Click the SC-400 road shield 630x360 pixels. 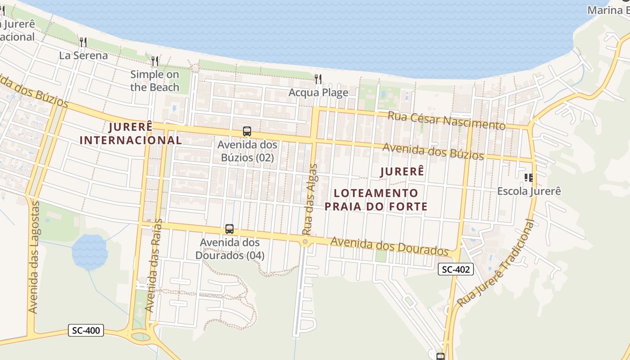pyautogui.click(x=86, y=330)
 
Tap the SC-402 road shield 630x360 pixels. pyautogui.click(x=456, y=270)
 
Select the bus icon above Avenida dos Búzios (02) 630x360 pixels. pyautogui.click(x=247, y=131)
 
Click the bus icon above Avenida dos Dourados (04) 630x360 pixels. pyautogui.click(x=229, y=229)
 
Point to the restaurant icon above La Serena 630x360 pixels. pyautogui.click(x=83, y=42)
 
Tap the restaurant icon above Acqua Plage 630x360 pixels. pyautogui.click(x=318, y=79)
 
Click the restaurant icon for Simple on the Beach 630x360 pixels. pyautogui.click(x=154, y=61)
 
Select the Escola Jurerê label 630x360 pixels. pyautogui.click(x=529, y=191)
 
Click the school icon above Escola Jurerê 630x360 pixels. pyautogui.click(x=529, y=178)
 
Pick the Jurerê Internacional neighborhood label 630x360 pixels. pyautogui.click(x=131, y=133)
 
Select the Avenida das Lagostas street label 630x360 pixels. pyautogui.click(x=34, y=257)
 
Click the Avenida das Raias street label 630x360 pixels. pyautogui.click(x=154, y=265)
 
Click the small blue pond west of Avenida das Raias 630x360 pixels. pyautogui.click(x=90, y=251)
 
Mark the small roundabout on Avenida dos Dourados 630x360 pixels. pyautogui.click(x=306, y=242)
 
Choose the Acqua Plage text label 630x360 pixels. pyautogui.click(x=318, y=93)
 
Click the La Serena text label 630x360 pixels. pyautogui.click(x=83, y=55)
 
